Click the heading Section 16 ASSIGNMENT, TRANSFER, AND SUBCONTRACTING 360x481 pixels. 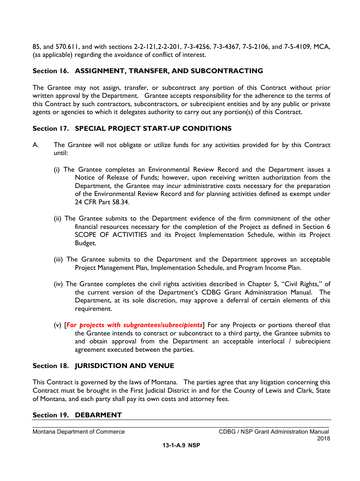[148, 71]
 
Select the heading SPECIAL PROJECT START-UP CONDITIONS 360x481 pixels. [153, 128]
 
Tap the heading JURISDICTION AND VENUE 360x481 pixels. [124, 366]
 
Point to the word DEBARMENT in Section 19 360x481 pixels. [98, 415]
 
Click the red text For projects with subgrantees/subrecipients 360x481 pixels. [135, 325]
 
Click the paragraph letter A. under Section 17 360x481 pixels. [36, 145]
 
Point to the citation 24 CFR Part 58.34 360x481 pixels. [102, 202]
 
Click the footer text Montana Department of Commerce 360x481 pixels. [78, 432]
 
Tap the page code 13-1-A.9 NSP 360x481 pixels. [181, 446]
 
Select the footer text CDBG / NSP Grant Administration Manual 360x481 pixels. [274, 432]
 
